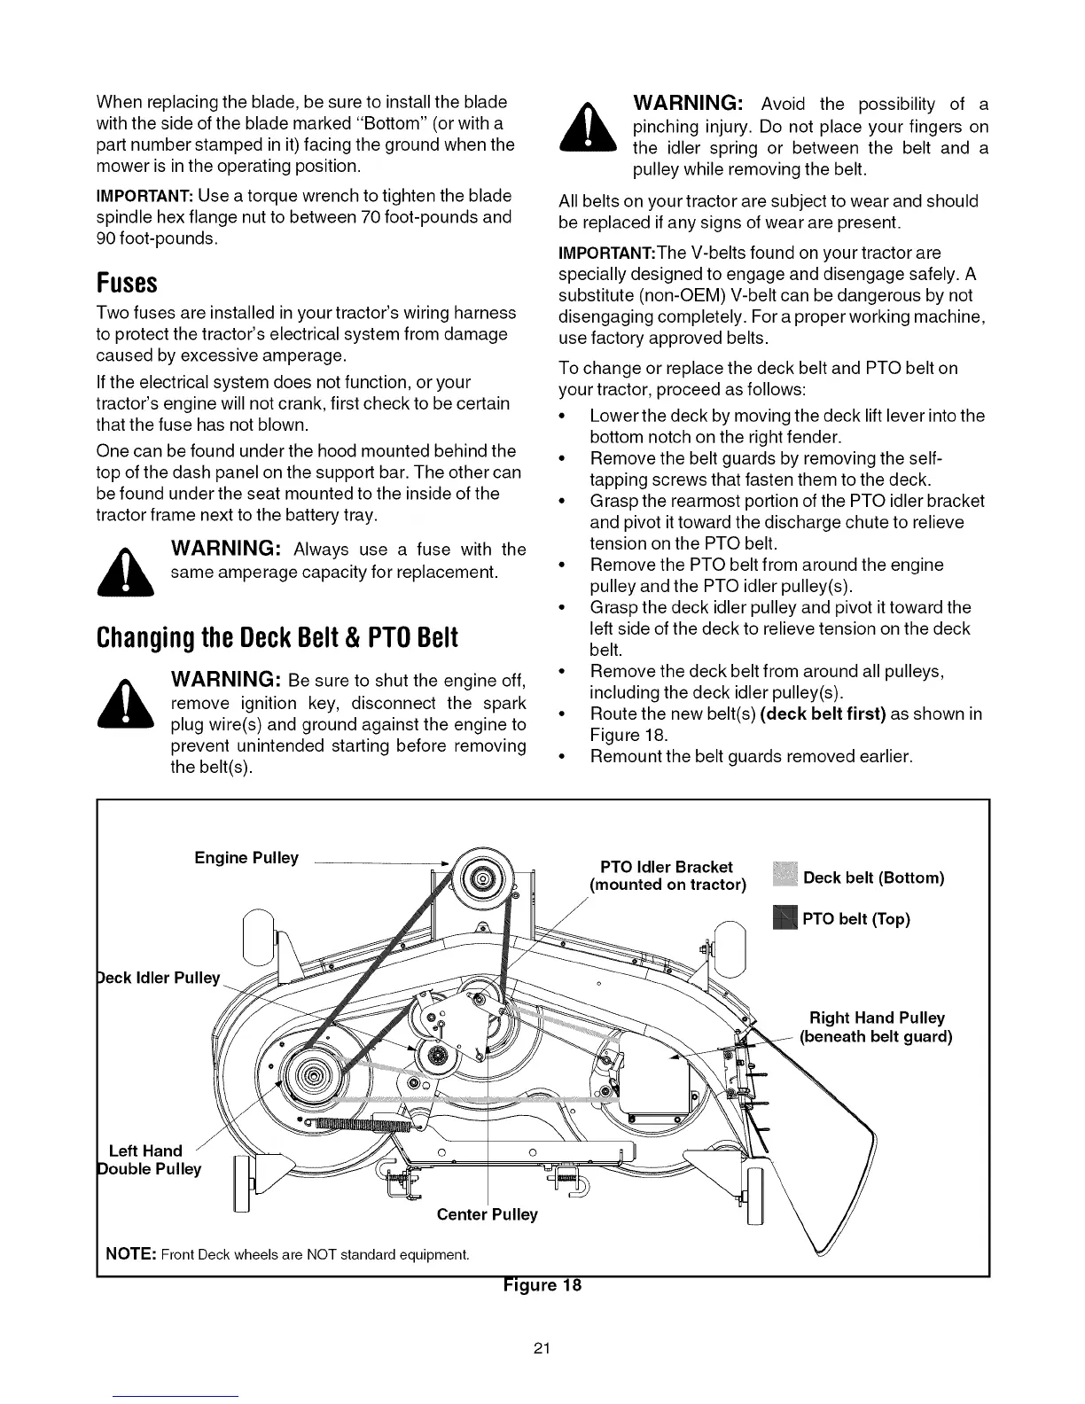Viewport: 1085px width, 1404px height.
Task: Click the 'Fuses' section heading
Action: pos(127,284)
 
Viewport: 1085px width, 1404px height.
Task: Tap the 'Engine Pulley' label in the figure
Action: pos(246,858)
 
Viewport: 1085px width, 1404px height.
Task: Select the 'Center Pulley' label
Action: pos(487,1214)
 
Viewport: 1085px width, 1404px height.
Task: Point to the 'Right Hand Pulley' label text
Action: pos(877,1018)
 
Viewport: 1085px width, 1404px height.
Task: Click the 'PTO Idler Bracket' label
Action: pos(667,867)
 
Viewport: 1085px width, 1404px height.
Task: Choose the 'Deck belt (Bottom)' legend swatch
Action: pos(785,877)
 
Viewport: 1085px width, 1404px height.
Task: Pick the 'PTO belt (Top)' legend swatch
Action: pos(785,918)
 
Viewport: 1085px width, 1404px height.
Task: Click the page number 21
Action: pos(542,1349)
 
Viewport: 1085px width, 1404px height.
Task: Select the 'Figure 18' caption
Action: pos(542,1285)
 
